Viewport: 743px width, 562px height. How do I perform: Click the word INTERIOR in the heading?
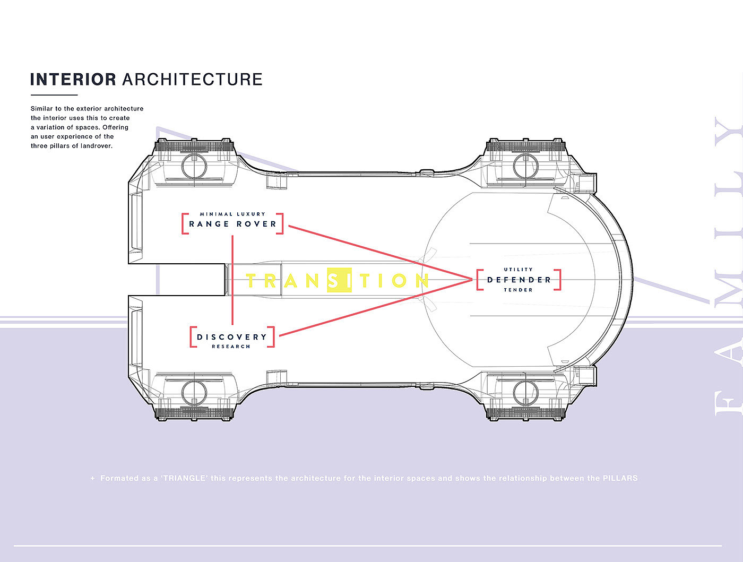tap(73, 80)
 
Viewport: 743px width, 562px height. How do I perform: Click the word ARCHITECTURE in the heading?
tap(192, 80)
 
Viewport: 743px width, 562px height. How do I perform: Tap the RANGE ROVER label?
tap(233, 224)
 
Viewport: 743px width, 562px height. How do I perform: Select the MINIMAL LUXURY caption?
tap(232, 214)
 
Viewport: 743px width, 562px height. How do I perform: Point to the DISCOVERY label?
tap(232, 337)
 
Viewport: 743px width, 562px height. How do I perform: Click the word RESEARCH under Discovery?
tap(231, 347)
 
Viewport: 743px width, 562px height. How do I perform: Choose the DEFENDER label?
tap(519, 280)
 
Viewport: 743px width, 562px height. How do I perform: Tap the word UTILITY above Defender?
tap(519, 270)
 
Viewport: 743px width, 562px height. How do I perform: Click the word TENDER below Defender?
tap(519, 290)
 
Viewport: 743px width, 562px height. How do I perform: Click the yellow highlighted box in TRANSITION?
tap(339, 280)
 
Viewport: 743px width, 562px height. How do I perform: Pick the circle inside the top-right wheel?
tap(525, 166)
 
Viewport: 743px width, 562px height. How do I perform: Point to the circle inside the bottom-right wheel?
tap(525, 393)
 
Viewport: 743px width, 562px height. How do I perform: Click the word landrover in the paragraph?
tap(97, 146)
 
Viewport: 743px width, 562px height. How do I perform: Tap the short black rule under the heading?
tap(54, 95)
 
